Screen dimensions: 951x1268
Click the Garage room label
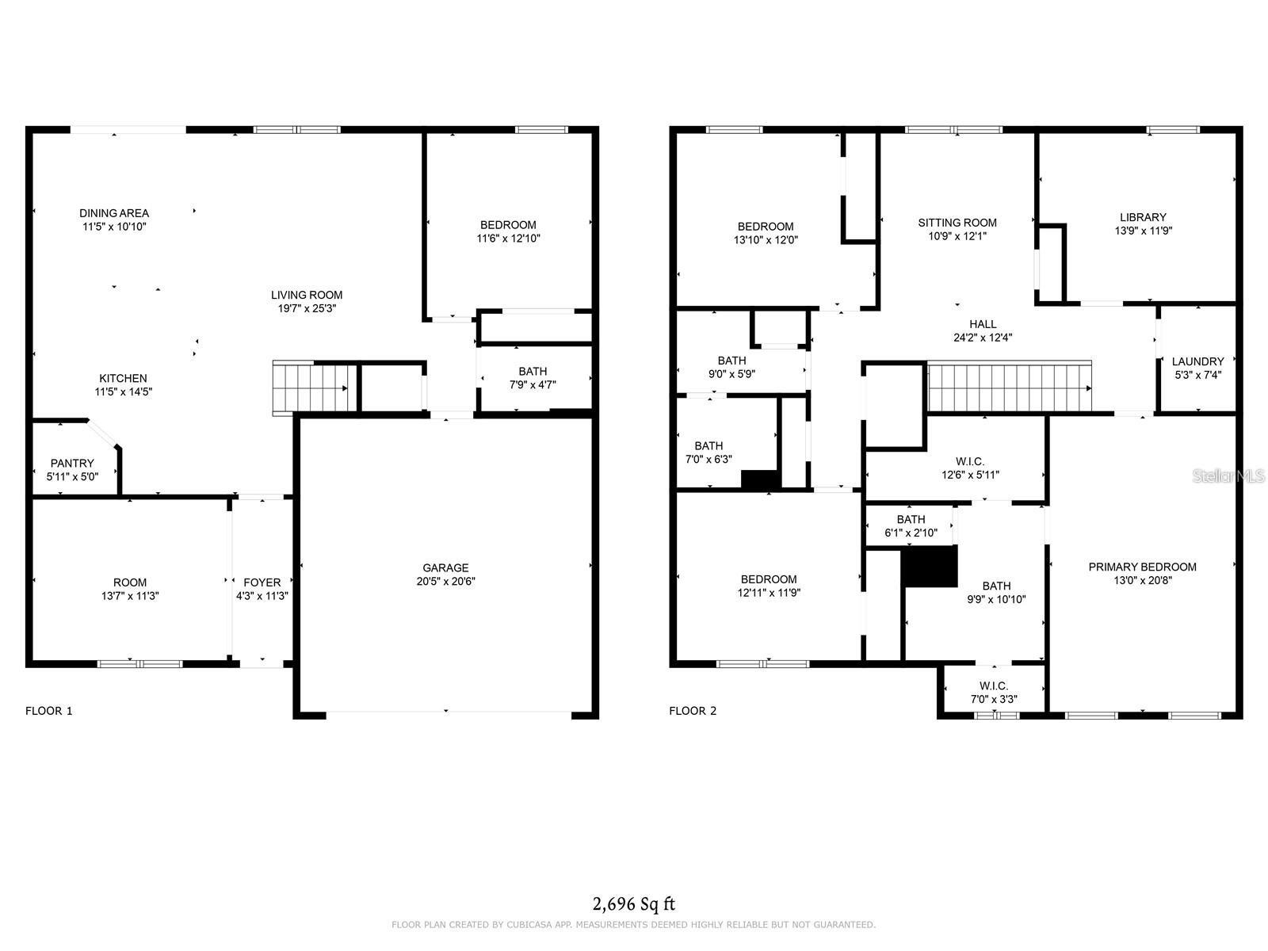pos(445,567)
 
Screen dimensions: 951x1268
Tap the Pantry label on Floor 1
pos(72,463)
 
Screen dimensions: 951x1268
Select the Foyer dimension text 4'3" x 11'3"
pos(262,596)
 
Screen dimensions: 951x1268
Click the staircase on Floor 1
pos(310,388)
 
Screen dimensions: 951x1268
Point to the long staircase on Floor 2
pos(1009,388)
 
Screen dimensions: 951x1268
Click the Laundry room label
pos(1197,361)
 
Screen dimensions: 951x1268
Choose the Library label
pos(1143,217)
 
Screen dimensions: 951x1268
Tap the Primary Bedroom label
pos(1142,567)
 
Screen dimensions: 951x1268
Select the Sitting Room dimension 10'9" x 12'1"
pos(957,236)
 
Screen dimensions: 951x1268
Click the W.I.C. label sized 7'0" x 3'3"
pos(994,686)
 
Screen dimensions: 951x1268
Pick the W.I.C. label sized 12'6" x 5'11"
pos(970,462)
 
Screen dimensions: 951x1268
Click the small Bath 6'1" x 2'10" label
pos(911,520)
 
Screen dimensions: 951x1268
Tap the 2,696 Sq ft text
pos(634,903)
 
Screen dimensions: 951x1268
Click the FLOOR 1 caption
pos(49,711)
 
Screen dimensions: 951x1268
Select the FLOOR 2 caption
pos(693,711)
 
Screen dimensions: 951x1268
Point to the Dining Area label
pos(114,213)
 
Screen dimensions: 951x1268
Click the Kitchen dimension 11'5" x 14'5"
pos(123,391)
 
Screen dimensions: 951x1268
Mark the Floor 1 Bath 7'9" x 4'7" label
pos(533,372)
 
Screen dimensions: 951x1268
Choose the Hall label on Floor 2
pos(983,324)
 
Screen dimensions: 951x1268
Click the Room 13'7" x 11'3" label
pos(130,582)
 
